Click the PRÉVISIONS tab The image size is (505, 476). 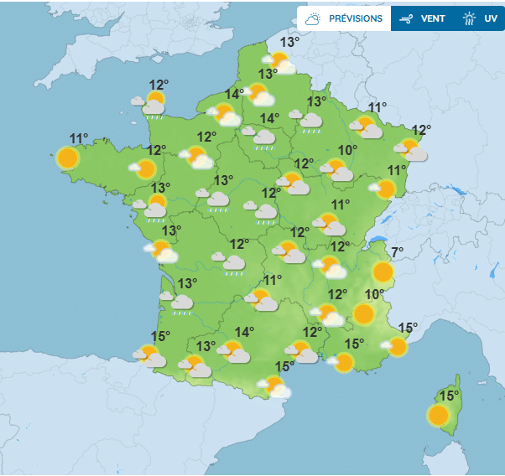click(x=355, y=18)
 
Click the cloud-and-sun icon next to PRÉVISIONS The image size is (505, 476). click(x=314, y=18)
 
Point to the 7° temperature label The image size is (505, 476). click(x=397, y=251)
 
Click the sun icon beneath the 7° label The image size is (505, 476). click(x=383, y=272)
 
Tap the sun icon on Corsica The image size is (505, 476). click(x=437, y=415)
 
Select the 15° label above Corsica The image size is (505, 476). click(x=450, y=396)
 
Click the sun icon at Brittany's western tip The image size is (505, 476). click(x=68, y=157)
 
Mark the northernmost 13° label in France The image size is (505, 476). click(x=289, y=42)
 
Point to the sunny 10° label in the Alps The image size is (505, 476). click(x=375, y=294)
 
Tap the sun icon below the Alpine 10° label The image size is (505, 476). click(x=363, y=314)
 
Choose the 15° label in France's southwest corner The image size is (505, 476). click(x=159, y=336)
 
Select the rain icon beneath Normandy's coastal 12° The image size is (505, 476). click(x=154, y=106)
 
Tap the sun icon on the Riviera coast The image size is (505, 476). click(x=397, y=346)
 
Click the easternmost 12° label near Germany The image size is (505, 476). click(x=420, y=130)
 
